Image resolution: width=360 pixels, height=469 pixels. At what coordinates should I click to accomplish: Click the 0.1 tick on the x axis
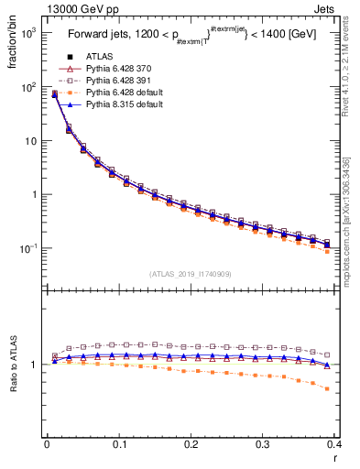119,443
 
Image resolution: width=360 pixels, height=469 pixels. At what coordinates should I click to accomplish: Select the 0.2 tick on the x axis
191,443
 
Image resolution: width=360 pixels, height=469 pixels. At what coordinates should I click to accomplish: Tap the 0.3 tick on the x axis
263,443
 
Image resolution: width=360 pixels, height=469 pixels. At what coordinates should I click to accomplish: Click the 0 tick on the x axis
47,443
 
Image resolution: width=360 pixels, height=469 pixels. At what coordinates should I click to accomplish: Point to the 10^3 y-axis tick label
27,33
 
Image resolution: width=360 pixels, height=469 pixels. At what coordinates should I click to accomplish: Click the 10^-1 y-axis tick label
27,248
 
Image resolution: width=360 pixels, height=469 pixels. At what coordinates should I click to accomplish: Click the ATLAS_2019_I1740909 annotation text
191,274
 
